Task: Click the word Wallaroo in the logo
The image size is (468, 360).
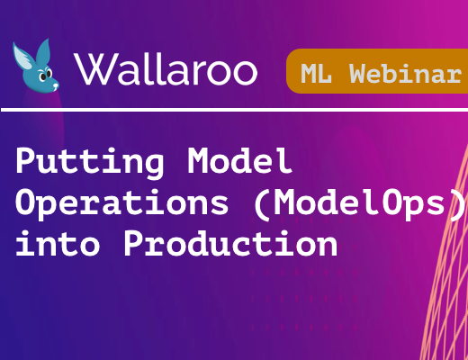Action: coord(166,69)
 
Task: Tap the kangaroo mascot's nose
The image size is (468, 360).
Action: coord(56,86)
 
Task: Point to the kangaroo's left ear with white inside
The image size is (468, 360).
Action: coord(23,57)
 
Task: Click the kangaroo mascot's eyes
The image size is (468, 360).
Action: coord(46,75)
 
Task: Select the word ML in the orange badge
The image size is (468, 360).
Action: coord(316,74)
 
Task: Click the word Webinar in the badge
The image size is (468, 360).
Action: coord(405,73)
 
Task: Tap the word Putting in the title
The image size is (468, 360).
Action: coord(90,162)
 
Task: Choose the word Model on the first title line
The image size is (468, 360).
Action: coord(239,160)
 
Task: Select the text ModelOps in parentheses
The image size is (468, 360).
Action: coord(360,202)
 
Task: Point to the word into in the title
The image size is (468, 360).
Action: coord(58,243)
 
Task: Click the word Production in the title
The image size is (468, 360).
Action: coord(230,243)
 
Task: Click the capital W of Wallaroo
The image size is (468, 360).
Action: coord(95,69)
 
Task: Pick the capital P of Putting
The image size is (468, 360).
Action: coord(25,160)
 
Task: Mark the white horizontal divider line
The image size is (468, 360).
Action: coord(234,110)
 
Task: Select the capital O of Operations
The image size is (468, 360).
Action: coord(26,202)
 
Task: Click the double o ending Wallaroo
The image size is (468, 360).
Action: coord(231,72)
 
